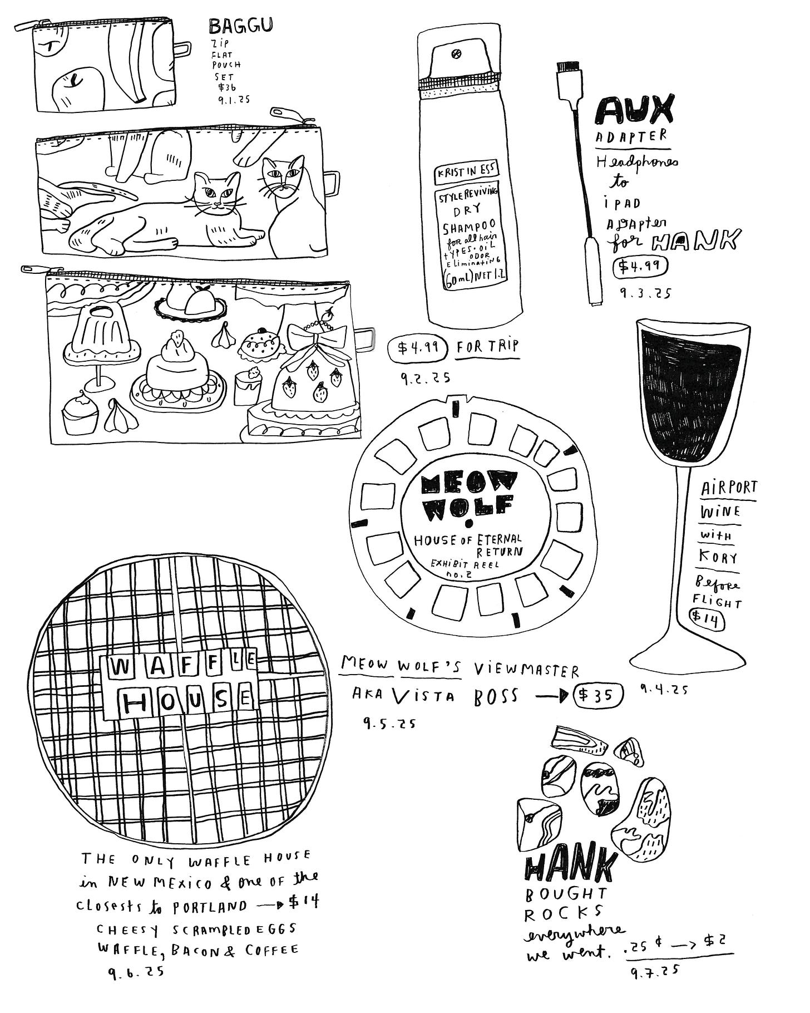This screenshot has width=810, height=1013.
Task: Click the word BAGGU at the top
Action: tap(240, 26)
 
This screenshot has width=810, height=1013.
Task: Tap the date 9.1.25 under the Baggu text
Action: tap(234, 100)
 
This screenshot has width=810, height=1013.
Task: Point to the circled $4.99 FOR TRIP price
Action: tap(418, 348)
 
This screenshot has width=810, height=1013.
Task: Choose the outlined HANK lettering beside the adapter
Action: tap(696, 240)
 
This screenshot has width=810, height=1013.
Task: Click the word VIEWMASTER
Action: tap(526, 670)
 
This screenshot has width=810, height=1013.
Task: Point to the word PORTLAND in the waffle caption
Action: tap(209, 906)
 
